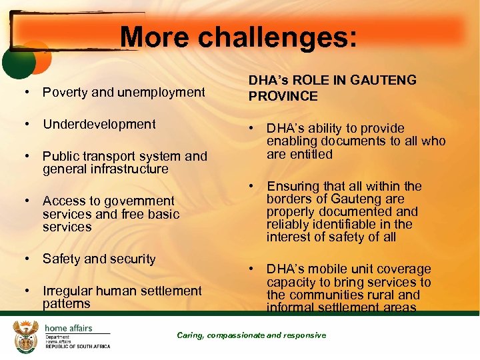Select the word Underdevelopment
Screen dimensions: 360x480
[x=99, y=124]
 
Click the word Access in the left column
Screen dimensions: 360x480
[x=61, y=201]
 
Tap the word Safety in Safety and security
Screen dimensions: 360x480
[x=61, y=259]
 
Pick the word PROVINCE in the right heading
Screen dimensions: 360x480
[x=283, y=96]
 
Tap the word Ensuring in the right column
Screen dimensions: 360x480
[x=293, y=186]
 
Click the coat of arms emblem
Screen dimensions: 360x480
[x=25, y=336]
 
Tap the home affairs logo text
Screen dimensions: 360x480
[x=68, y=329]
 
